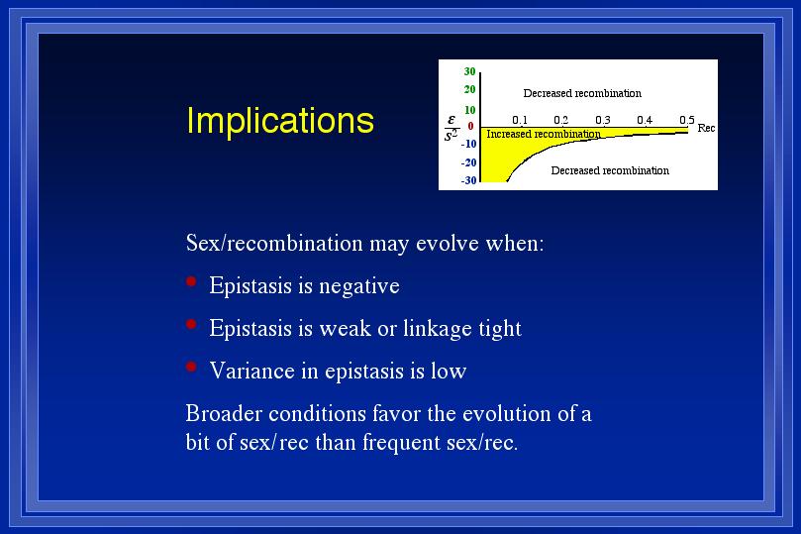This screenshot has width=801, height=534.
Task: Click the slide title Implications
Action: pyautogui.click(x=280, y=122)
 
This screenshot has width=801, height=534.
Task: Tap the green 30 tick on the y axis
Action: pyautogui.click(x=469, y=71)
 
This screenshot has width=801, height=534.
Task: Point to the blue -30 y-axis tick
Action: pyautogui.click(x=468, y=180)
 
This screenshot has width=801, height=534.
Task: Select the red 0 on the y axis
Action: pyautogui.click(x=470, y=126)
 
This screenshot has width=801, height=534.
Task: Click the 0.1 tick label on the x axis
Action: pyautogui.click(x=520, y=120)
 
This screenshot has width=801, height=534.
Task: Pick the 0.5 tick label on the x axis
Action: pyautogui.click(x=686, y=120)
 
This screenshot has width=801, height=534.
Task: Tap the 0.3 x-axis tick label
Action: pyautogui.click(x=603, y=120)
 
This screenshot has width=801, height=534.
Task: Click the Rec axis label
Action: pyautogui.click(x=706, y=128)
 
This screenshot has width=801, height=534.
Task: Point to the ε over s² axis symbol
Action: pyautogui.click(x=451, y=128)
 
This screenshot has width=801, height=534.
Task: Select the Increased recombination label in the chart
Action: pyautogui.click(x=544, y=134)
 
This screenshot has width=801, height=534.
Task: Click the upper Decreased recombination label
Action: pyautogui.click(x=582, y=93)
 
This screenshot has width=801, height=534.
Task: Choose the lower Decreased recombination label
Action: pyautogui.click(x=610, y=170)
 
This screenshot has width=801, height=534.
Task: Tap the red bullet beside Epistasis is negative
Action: pyautogui.click(x=191, y=281)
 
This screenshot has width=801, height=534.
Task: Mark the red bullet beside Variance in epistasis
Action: pyautogui.click(x=191, y=366)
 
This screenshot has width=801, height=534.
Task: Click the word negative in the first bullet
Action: pyautogui.click(x=359, y=286)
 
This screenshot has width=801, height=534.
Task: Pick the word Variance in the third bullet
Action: pyautogui.click(x=251, y=371)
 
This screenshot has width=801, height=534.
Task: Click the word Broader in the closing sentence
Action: pyautogui.click(x=224, y=413)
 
